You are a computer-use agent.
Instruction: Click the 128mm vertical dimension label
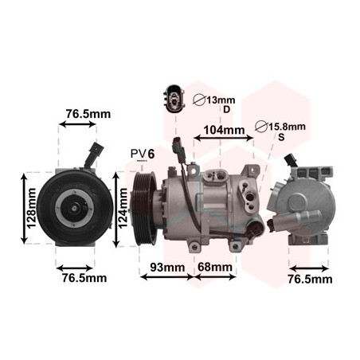pyautogui.click(x=32, y=208)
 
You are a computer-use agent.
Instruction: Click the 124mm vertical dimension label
pyautogui.click(x=123, y=209)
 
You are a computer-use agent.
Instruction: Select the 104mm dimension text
pyautogui.click(x=224, y=130)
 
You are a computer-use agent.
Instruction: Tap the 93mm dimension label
pyautogui.click(x=167, y=267)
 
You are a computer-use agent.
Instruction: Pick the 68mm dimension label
pyautogui.click(x=215, y=267)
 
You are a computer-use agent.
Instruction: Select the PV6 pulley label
pyautogui.click(x=143, y=154)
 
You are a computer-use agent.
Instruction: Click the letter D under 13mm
pyautogui.click(x=226, y=109)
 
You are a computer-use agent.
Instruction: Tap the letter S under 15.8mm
pyautogui.click(x=281, y=137)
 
